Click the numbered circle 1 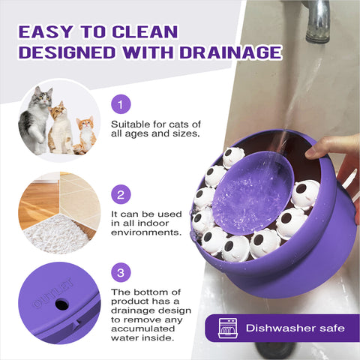tap(121, 104)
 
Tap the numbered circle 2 tap(121, 194)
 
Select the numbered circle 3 tap(121, 272)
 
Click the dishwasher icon tap(227, 328)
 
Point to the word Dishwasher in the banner tap(280, 328)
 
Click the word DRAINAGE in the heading tap(230, 52)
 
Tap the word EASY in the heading tap(46, 31)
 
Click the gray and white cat tap(35, 120)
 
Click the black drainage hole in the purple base tap(61, 304)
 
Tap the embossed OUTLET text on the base tap(53, 292)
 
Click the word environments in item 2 tap(146, 232)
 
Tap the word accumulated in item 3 tap(142, 328)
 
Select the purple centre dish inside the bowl tap(253, 193)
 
